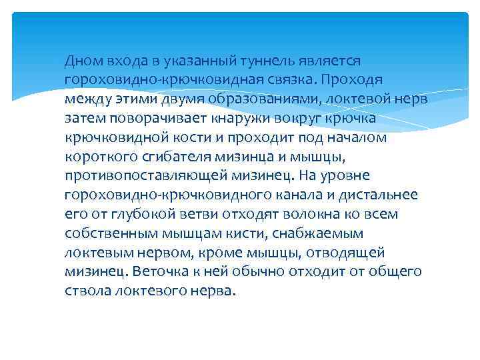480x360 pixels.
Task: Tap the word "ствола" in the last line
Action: click(87, 291)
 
